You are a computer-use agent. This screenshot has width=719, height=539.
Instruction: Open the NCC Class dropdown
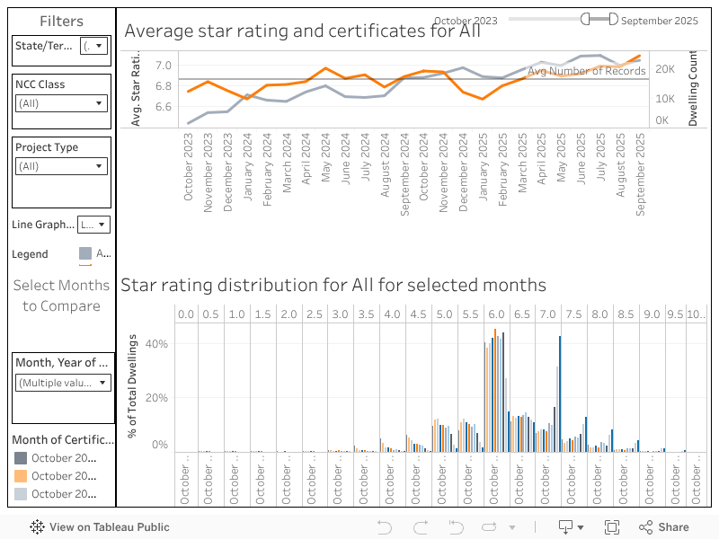pyautogui.click(x=62, y=103)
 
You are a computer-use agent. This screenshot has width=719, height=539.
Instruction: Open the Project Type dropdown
pyautogui.click(x=62, y=166)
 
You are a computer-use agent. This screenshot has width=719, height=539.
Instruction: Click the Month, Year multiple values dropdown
pyautogui.click(x=62, y=383)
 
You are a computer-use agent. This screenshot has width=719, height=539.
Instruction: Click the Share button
pyautogui.click(x=664, y=527)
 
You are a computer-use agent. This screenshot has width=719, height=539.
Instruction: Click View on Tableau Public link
pyautogui.click(x=100, y=527)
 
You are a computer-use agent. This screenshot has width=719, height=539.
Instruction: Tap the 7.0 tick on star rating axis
pyautogui.click(x=163, y=66)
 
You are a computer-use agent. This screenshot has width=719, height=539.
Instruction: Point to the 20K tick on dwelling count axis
pyautogui.click(x=665, y=69)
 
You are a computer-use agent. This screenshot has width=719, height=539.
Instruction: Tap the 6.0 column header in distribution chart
pyautogui.click(x=496, y=314)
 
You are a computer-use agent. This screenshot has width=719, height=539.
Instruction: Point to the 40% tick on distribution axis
pyautogui.click(x=157, y=344)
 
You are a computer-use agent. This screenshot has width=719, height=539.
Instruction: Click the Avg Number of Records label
pyautogui.click(x=586, y=71)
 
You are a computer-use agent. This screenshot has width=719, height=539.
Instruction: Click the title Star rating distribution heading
pyautogui.click(x=333, y=285)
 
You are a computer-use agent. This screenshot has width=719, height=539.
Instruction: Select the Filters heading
pyautogui.click(x=61, y=21)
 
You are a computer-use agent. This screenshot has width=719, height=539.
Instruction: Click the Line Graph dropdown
pyautogui.click(x=93, y=225)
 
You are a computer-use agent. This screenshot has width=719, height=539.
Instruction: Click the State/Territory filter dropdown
pyautogui.click(x=93, y=46)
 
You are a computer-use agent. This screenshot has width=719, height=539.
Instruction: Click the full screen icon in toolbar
pyautogui.click(x=612, y=527)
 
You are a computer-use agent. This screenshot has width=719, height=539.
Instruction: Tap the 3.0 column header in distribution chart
pyautogui.click(x=340, y=314)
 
